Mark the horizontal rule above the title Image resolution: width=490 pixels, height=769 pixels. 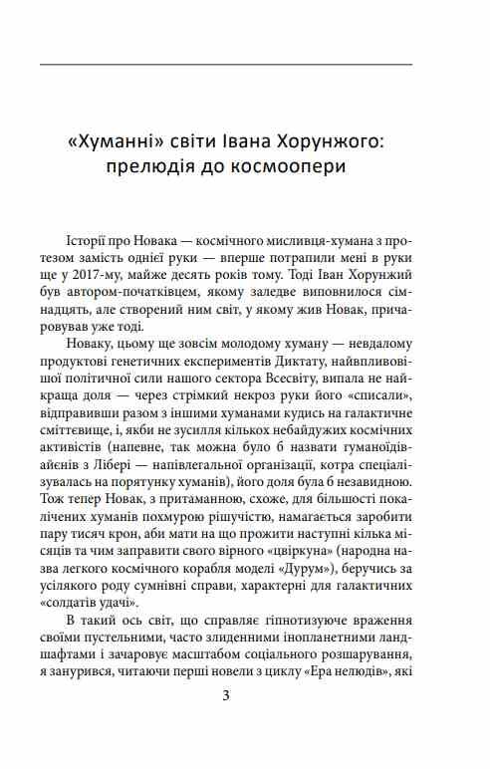(x=226, y=65)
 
